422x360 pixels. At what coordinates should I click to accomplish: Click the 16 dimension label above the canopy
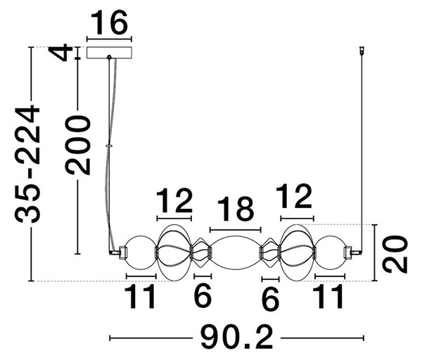click(109, 23)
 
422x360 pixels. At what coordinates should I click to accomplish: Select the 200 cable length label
click(78, 146)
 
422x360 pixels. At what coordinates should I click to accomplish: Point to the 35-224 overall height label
click(27, 164)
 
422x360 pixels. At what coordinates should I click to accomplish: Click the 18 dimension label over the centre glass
click(236, 209)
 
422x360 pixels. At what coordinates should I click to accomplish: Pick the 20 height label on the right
click(395, 255)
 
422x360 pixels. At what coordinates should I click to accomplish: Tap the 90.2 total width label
click(236, 337)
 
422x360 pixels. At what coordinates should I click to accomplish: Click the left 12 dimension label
click(174, 200)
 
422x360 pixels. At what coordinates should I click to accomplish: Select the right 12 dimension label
click(294, 196)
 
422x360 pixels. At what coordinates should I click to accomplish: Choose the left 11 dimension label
click(140, 297)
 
